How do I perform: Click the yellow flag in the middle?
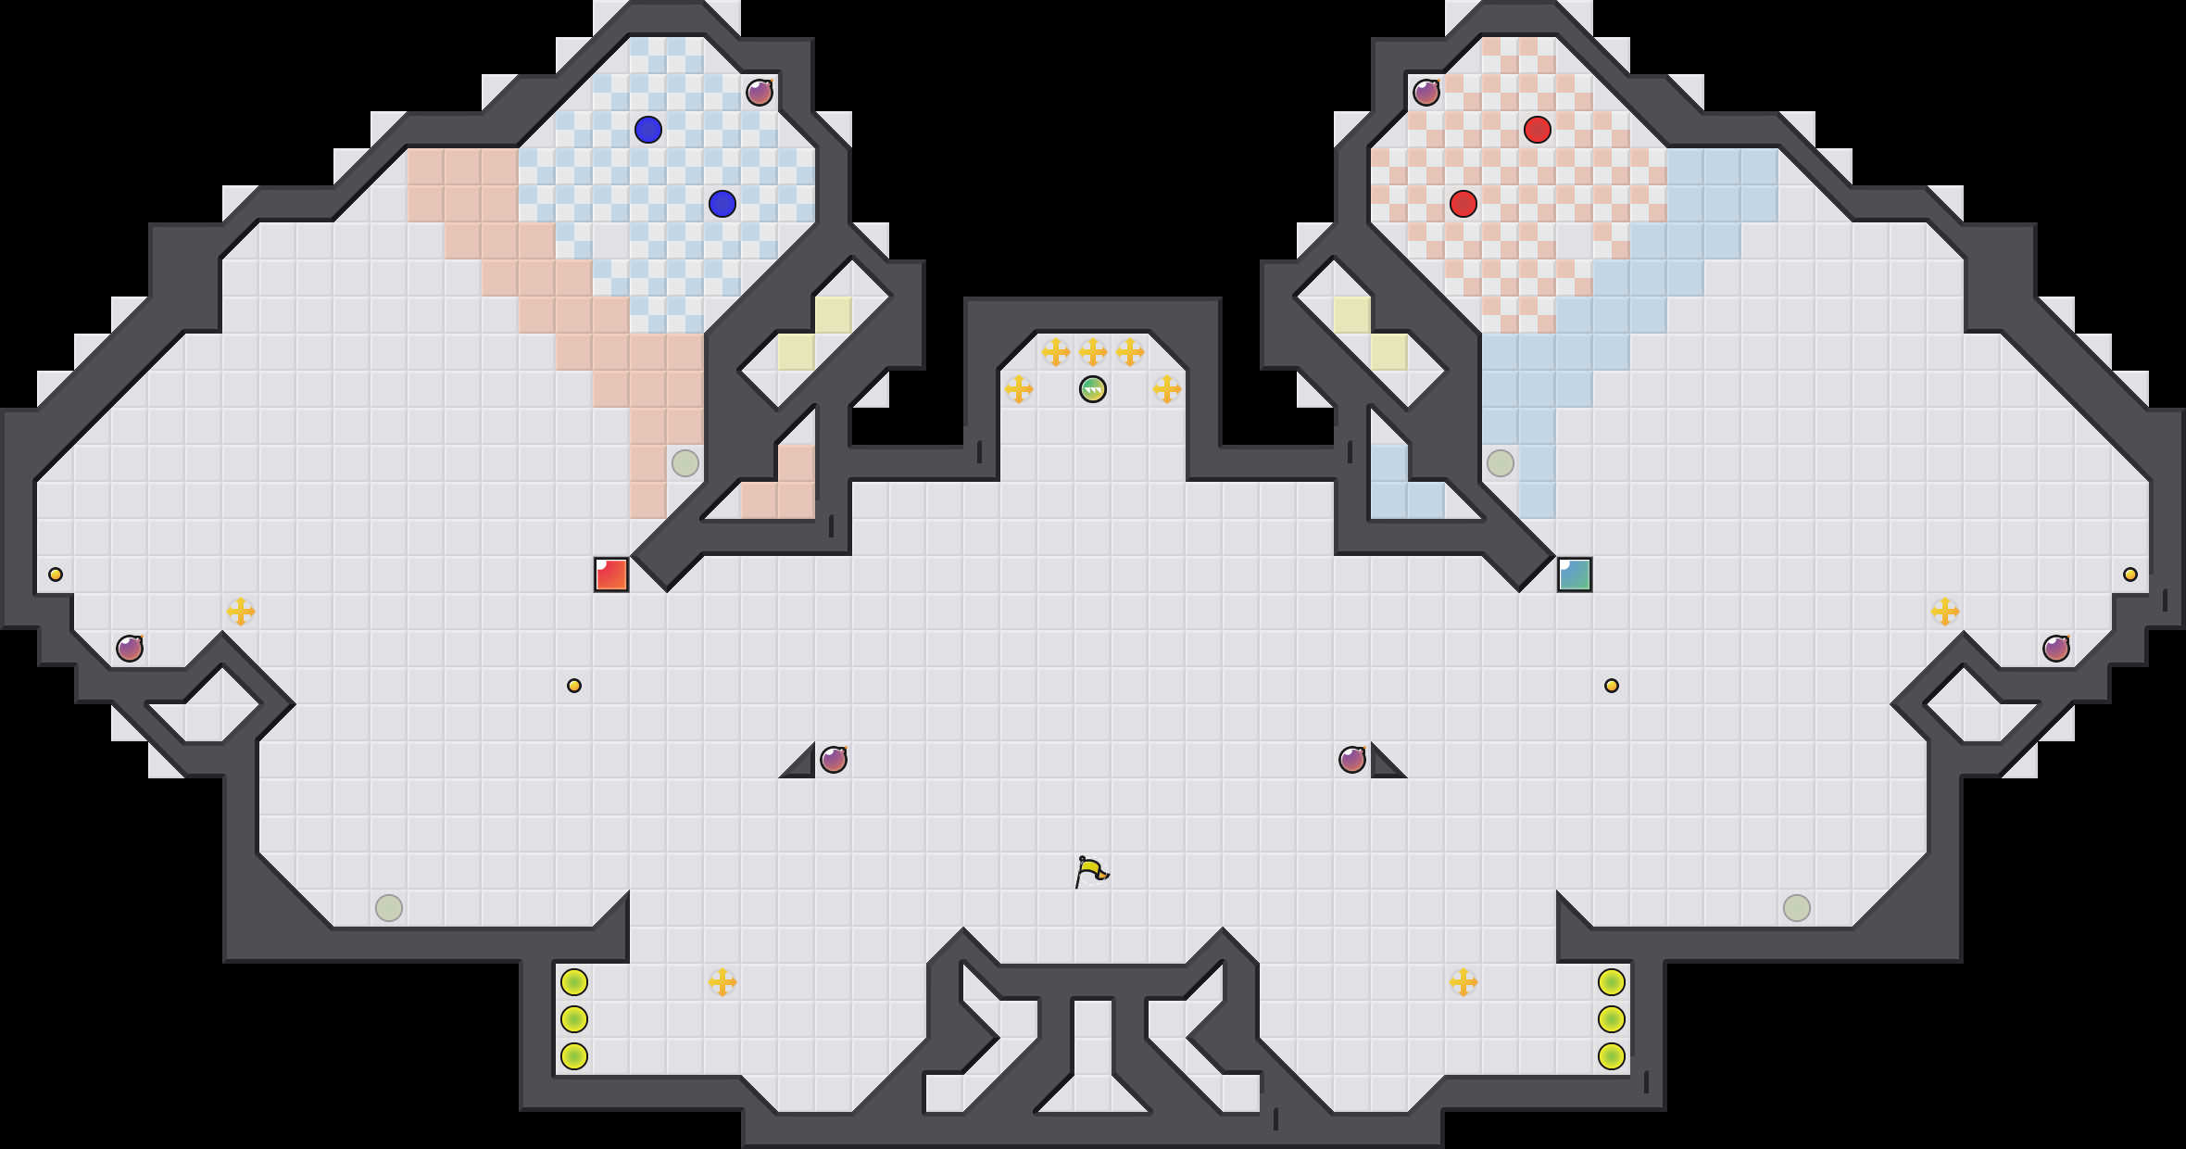click(1091, 871)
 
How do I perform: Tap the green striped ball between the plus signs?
click(1093, 389)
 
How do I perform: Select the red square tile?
click(611, 574)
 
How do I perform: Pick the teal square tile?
click(1575, 574)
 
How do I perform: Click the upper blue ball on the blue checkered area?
click(648, 130)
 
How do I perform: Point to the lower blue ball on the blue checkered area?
click(722, 204)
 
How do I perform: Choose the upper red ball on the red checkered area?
click(1538, 130)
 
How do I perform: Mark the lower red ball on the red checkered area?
click(1464, 204)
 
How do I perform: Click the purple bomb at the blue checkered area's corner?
click(760, 93)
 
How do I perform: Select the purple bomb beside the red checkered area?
click(1426, 93)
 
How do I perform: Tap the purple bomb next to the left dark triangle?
click(834, 760)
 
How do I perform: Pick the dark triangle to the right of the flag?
click(1384, 765)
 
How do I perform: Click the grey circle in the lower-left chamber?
click(389, 908)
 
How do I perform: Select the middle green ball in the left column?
click(574, 1019)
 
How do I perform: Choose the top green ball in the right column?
click(1612, 982)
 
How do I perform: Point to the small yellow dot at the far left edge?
click(56, 574)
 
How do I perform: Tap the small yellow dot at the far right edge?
click(2130, 574)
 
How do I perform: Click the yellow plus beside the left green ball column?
click(722, 982)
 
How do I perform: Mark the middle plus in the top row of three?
click(1093, 352)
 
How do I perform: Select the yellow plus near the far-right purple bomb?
click(1945, 612)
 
